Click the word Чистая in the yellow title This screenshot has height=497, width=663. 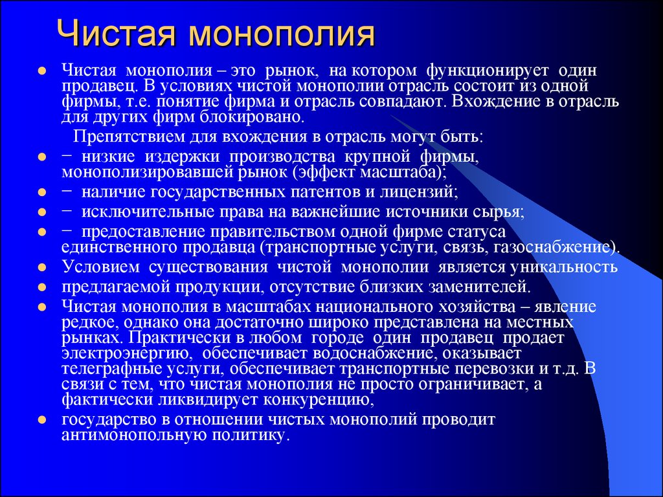click(x=116, y=34)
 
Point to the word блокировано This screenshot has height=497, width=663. click(x=262, y=116)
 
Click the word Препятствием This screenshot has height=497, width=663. click(x=129, y=138)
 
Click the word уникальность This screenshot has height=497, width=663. click(x=564, y=267)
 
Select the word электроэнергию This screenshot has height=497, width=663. click(x=125, y=353)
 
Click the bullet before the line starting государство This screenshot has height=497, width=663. click(x=41, y=419)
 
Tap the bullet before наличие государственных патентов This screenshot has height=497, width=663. click(x=41, y=193)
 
